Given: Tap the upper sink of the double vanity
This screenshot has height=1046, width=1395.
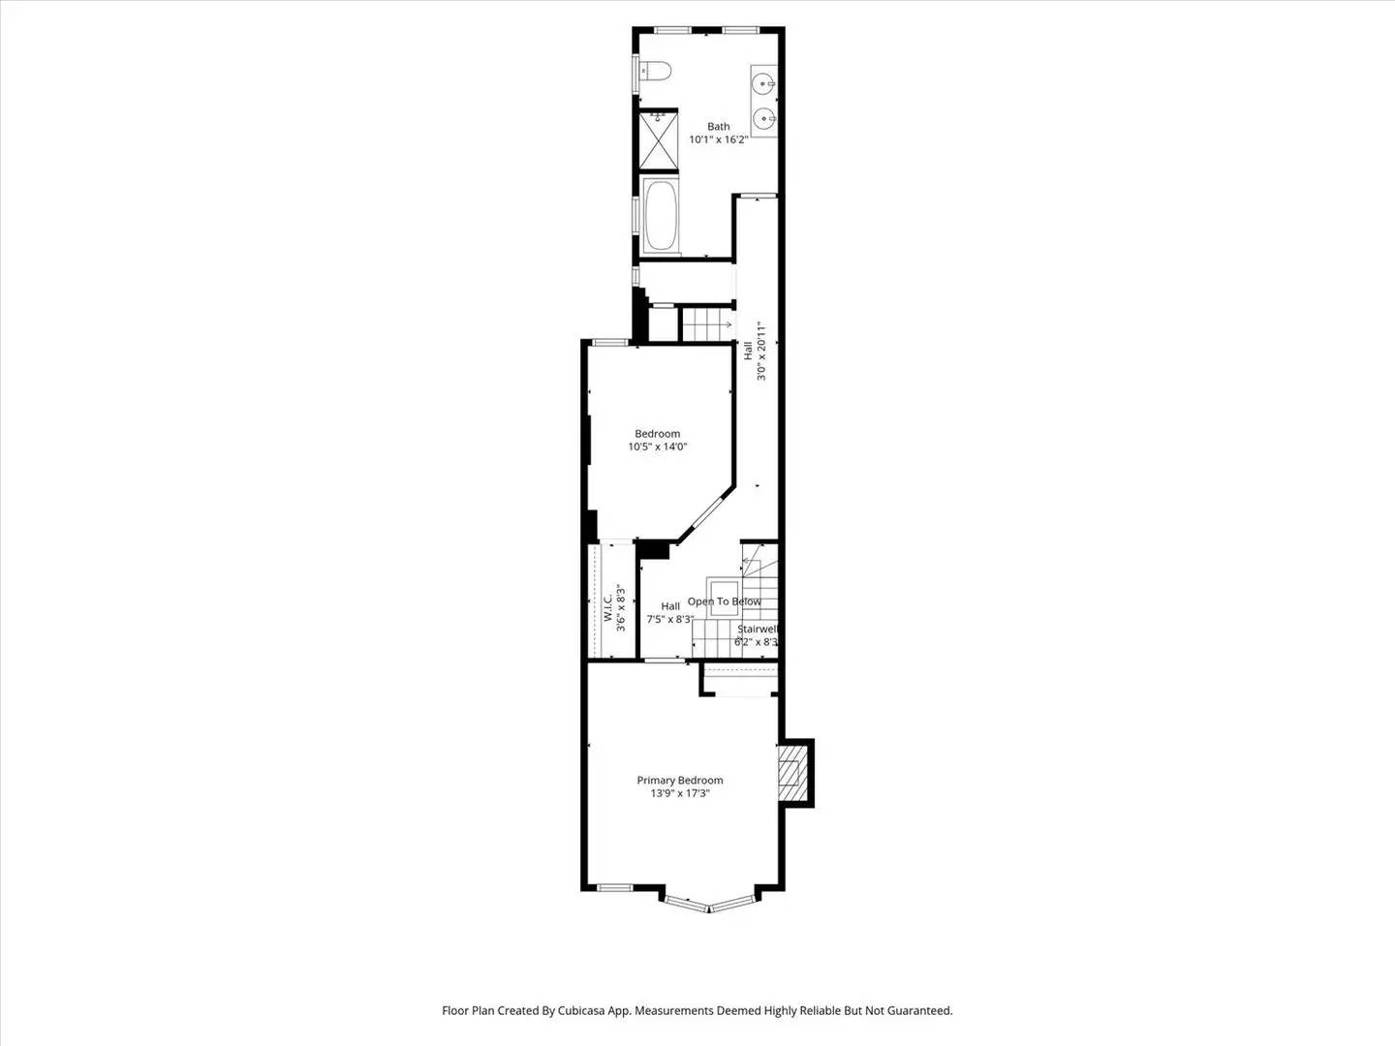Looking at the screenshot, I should click(x=763, y=81).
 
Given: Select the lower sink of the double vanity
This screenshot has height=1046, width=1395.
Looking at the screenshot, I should click(x=763, y=118).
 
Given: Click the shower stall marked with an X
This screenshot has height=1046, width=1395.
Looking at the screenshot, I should click(x=659, y=141).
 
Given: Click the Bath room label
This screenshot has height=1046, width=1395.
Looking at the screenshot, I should click(x=719, y=127).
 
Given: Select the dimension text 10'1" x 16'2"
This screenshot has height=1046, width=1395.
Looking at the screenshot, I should click(x=718, y=139).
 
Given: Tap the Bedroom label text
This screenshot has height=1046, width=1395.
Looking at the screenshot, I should click(x=658, y=434).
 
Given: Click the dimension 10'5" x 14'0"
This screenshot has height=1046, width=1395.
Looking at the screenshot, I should click(x=658, y=447).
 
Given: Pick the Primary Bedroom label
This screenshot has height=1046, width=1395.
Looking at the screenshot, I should click(x=680, y=781).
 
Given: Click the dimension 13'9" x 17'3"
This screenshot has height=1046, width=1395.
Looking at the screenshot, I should click(x=680, y=793).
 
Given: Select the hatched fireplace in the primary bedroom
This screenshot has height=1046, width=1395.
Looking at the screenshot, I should click(x=793, y=773).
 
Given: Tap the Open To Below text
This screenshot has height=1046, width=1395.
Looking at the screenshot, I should click(x=725, y=601).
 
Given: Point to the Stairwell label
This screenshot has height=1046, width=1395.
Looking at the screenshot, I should click(x=757, y=630).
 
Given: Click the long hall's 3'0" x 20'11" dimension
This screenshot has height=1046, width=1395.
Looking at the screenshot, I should click(x=762, y=351).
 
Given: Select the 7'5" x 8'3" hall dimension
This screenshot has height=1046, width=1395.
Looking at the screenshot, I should click(x=670, y=619).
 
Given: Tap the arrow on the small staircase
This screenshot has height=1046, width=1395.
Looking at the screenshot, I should click(x=725, y=324).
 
